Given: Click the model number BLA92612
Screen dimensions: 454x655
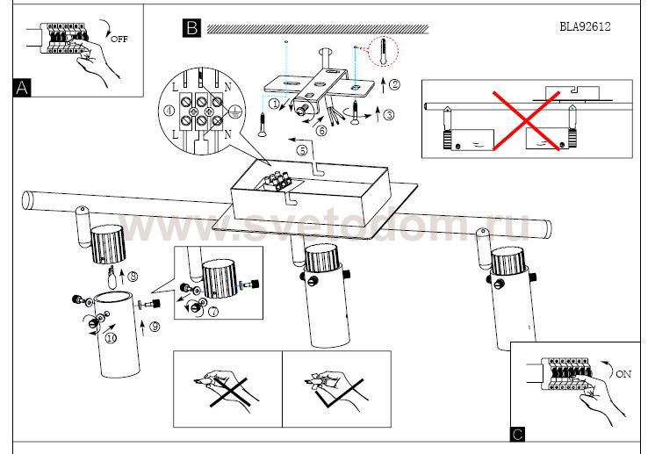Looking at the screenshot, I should pyautogui.click(x=584, y=26).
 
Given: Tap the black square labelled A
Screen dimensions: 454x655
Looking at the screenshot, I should pyautogui.click(x=23, y=87).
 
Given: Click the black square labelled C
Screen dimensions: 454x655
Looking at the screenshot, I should pyautogui.click(x=518, y=434).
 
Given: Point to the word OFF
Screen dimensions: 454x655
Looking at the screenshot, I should pyautogui.click(x=119, y=40).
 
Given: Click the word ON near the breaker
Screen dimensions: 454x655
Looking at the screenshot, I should pyautogui.click(x=623, y=374).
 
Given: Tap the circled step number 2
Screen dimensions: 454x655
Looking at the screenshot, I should pyautogui.click(x=394, y=85).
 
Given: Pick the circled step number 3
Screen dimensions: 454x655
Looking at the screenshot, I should pyautogui.click(x=390, y=114).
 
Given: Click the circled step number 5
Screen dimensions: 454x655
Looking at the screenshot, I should pyautogui.click(x=302, y=150).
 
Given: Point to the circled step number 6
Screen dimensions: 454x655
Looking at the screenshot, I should pyautogui.click(x=321, y=131).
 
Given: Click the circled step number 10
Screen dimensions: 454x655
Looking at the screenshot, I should pyautogui.click(x=111, y=337).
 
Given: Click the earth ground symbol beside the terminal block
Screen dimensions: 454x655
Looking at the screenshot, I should pyautogui.click(x=234, y=112).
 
